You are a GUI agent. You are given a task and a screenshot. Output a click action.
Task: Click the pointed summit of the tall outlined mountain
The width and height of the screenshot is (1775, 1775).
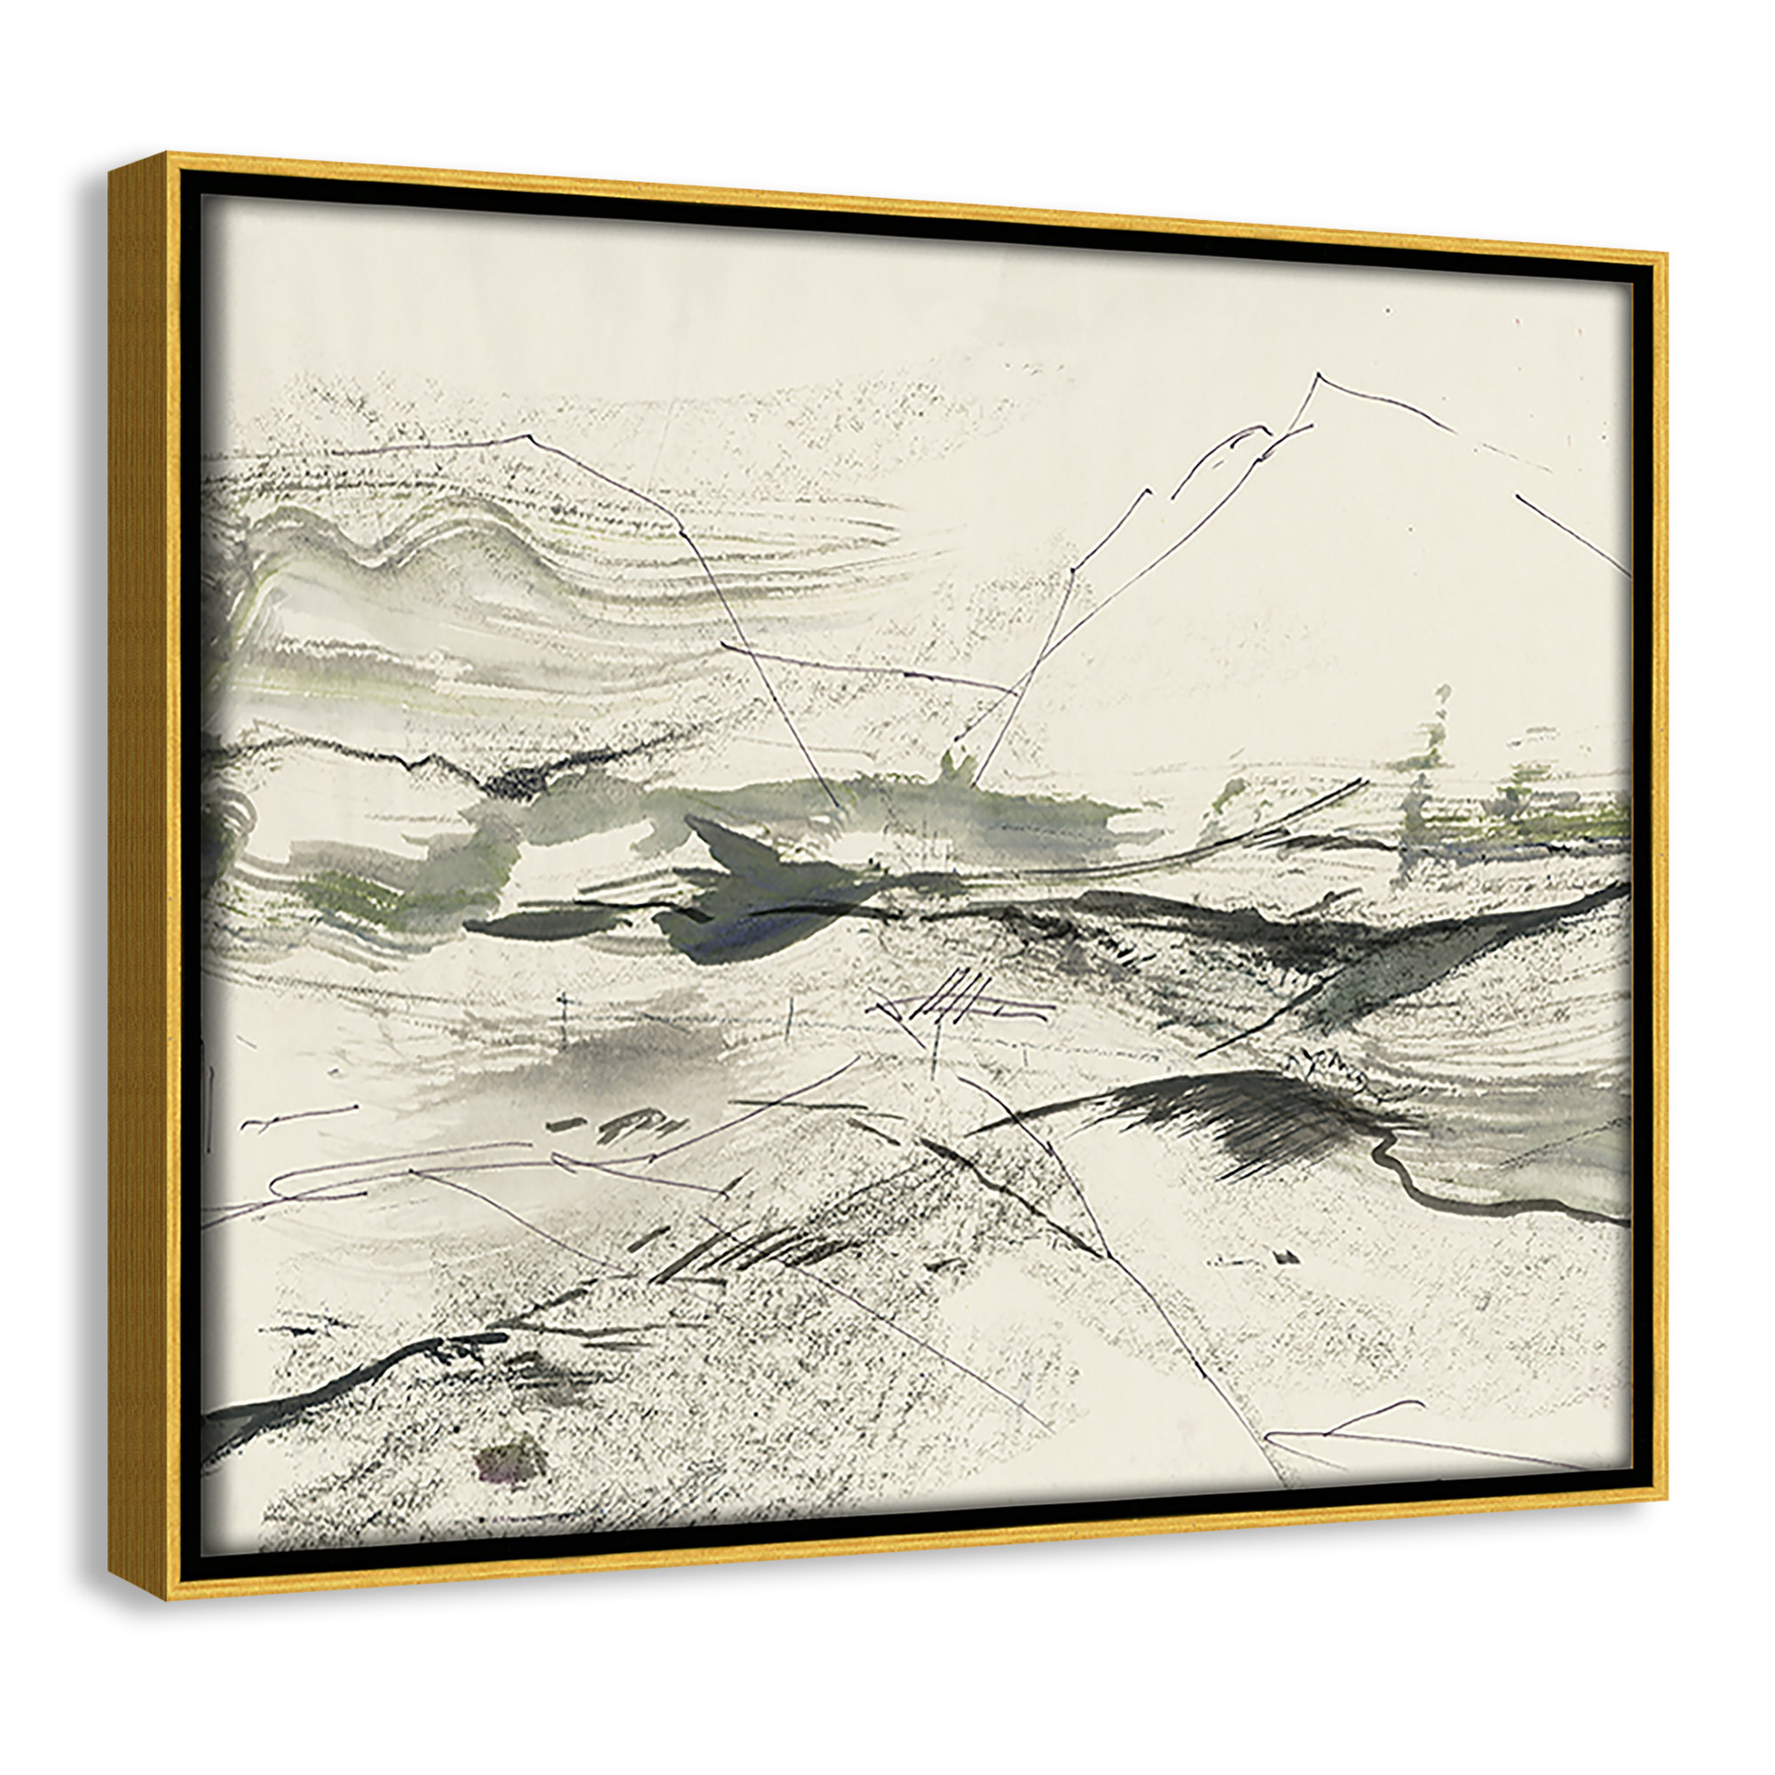(x=1317, y=375)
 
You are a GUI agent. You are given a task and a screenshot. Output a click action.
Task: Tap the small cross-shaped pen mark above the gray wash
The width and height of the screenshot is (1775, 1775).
(x=563, y=1003)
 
